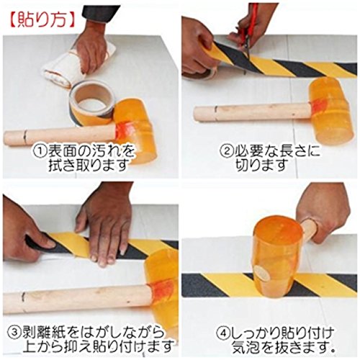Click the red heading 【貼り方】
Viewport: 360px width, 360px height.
[x=42, y=20]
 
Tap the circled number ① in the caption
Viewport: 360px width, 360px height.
[x=40, y=150]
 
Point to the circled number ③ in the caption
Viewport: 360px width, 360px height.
[x=14, y=332]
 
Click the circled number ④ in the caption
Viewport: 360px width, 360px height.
[x=223, y=333]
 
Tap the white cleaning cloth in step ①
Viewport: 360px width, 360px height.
[x=72, y=66]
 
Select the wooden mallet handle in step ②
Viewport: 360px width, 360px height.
[x=251, y=112]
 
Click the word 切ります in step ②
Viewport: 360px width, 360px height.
[x=262, y=166]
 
